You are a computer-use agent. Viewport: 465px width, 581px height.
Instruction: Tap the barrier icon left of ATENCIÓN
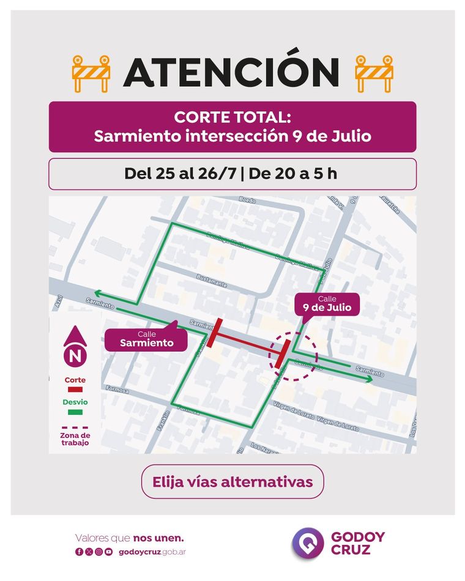[x=91, y=73]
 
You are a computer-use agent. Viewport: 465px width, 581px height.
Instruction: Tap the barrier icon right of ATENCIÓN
[x=374, y=73]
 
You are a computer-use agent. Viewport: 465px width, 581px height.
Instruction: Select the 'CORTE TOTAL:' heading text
[x=232, y=117]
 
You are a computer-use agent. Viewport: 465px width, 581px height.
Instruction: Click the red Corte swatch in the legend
[x=75, y=389]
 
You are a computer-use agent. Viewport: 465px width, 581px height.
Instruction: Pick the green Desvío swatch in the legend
[x=75, y=412]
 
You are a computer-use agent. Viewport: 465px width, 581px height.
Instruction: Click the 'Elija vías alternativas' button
[x=232, y=482]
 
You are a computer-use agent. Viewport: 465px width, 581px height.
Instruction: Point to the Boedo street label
[x=247, y=201]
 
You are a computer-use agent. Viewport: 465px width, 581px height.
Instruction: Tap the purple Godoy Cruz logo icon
[x=307, y=543]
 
